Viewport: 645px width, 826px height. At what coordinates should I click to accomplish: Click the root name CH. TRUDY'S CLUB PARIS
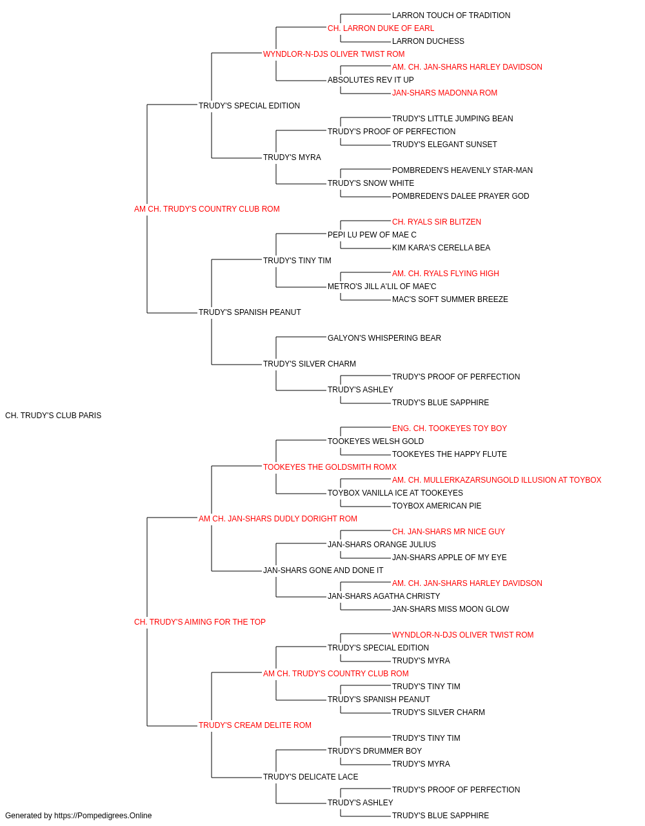click(53, 416)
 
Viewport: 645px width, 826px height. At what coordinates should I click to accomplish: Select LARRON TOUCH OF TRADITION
click(451, 15)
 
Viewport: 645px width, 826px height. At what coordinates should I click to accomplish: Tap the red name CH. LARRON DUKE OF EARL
click(381, 28)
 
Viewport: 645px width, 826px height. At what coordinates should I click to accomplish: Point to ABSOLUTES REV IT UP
click(370, 80)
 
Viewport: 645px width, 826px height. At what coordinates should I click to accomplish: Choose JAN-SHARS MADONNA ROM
click(444, 93)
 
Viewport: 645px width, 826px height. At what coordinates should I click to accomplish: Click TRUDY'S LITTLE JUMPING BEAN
click(452, 119)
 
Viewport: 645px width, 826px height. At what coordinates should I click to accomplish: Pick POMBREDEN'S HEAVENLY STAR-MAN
click(462, 170)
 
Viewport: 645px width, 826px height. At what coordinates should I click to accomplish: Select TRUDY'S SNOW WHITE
click(371, 183)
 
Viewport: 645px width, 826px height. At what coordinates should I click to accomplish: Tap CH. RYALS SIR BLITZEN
click(437, 222)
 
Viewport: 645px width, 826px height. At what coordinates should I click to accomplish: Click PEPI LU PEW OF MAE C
click(372, 235)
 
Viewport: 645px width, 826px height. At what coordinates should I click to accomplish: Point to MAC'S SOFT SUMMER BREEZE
click(450, 299)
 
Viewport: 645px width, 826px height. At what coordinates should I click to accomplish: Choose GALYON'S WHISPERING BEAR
click(384, 338)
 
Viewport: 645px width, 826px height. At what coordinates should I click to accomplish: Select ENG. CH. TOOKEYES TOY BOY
click(450, 428)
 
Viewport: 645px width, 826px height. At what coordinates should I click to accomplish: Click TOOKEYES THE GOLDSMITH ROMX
click(330, 467)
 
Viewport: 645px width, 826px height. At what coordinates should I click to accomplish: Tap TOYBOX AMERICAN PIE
click(437, 506)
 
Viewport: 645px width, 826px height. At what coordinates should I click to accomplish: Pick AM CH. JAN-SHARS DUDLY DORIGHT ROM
click(278, 519)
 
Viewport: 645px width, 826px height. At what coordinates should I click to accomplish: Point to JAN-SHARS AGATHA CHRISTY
click(384, 596)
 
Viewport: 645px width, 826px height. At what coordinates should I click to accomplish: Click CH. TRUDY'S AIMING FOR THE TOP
click(200, 622)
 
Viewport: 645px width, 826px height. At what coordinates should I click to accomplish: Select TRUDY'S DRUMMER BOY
click(375, 751)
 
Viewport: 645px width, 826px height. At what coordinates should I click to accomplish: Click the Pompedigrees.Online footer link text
click(103, 816)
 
